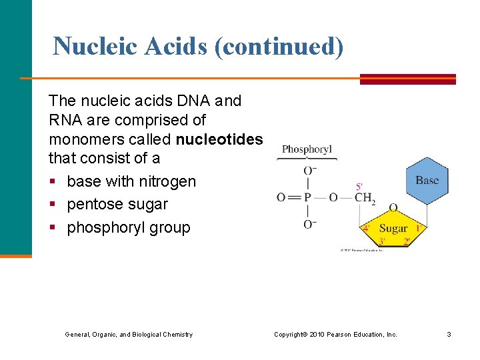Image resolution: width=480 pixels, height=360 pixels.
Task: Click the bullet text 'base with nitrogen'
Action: pyautogui.click(x=131, y=181)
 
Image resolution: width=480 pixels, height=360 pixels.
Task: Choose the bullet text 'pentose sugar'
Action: pyautogui.click(x=117, y=204)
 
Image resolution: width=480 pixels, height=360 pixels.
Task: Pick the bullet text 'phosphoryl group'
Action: pyautogui.click(x=129, y=227)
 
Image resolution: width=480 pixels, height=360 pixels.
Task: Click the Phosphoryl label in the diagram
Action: pyautogui.click(x=307, y=149)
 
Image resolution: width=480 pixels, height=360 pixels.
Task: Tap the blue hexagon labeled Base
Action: pyautogui.click(x=427, y=180)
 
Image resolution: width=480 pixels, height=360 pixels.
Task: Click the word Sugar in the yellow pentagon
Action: pyautogui.click(x=393, y=228)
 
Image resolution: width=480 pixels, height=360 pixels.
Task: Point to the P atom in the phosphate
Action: pyautogui.click(x=307, y=197)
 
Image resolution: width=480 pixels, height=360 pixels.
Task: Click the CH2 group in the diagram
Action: pyautogui.click(x=365, y=197)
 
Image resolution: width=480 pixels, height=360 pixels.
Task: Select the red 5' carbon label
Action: pyautogui.click(x=359, y=187)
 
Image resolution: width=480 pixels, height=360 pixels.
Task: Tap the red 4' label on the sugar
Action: pyautogui.click(x=365, y=228)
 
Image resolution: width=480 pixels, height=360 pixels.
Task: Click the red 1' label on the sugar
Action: pyautogui.click(x=419, y=228)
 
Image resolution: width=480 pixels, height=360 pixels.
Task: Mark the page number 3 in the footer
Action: pyautogui.click(x=449, y=334)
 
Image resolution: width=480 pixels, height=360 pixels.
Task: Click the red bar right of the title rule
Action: pyautogui.click(x=407, y=79)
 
